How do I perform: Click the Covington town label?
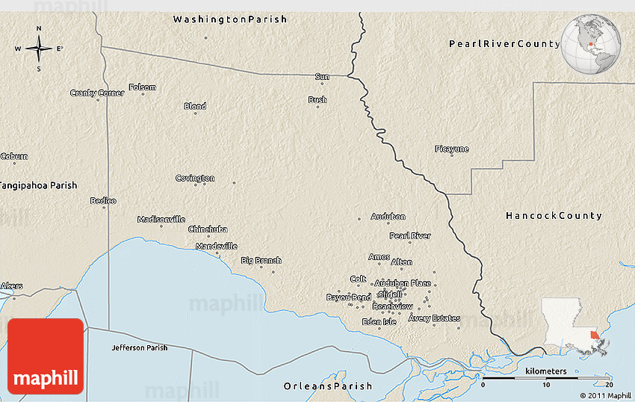click(195, 179)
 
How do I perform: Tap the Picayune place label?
click(452, 149)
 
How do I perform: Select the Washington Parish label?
click(230, 19)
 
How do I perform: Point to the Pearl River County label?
click(504, 44)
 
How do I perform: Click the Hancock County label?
click(554, 216)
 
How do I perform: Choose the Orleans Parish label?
click(327, 386)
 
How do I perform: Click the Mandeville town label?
click(217, 246)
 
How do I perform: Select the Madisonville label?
click(161, 220)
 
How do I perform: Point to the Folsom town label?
click(143, 87)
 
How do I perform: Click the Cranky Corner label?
click(97, 93)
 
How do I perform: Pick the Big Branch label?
click(261, 261)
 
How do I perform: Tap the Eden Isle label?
click(379, 322)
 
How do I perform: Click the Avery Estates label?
click(434, 318)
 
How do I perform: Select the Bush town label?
click(317, 100)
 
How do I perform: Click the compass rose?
click(39, 49)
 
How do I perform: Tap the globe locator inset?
click(591, 44)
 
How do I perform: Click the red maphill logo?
click(46, 356)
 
